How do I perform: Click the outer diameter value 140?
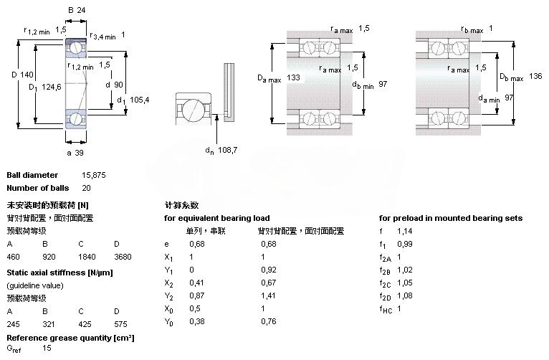(x=27, y=75)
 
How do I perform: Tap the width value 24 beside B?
(x=81, y=10)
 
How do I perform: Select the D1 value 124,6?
(x=52, y=87)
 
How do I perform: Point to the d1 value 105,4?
(x=139, y=100)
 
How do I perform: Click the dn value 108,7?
(x=228, y=150)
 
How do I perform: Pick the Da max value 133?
(x=293, y=77)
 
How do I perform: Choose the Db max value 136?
(x=535, y=76)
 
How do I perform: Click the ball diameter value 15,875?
(x=94, y=175)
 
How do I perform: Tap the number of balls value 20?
(x=86, y=188)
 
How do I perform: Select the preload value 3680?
(x=123, y=257)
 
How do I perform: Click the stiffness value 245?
(x=14, y=324)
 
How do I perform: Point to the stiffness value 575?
(x=121, y=324)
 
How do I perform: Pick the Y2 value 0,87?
(x=197, y=295)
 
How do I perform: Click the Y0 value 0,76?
(x=269, y=321)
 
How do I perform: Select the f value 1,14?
(x=405, y=231)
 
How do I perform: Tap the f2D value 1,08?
(x=405, y=295)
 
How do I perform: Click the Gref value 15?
(x=47, y=348)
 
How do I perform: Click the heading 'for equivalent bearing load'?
(x=216, y=218)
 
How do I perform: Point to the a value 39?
(x=79, y=153)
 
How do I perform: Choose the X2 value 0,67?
(x=269, y=283)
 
